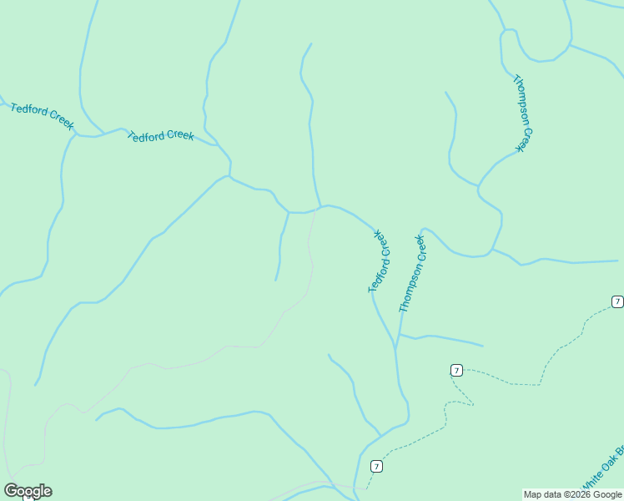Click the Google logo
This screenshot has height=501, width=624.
(28, 491)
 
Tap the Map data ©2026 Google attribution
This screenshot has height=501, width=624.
(572, 495)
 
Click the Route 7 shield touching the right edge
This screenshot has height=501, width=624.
(617, 301)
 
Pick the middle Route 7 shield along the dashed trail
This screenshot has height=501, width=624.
(456, 370)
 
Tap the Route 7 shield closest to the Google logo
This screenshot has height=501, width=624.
(377, 466)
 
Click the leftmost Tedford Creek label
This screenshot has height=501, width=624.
(42, 115)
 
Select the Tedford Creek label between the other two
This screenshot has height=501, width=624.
(160, 135)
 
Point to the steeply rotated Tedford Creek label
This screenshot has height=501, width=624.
(379, 261)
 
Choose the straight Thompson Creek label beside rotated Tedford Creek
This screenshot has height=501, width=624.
(412, 273)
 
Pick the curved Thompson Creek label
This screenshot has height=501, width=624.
(522, 113)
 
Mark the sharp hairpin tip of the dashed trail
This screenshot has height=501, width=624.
(473, 405)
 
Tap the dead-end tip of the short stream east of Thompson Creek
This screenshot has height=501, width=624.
(482, 345)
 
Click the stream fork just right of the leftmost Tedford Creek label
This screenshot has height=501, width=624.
(77, 134)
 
